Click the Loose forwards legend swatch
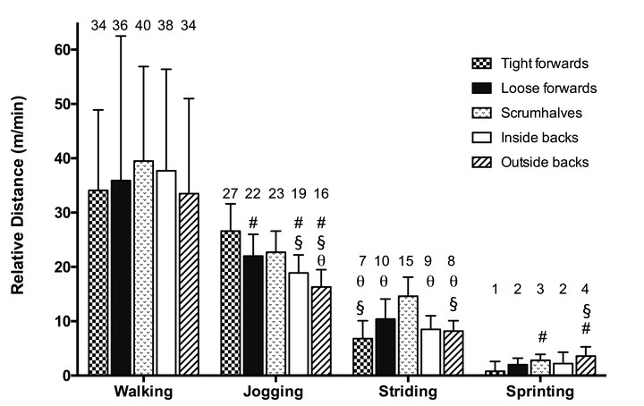click(483, 89)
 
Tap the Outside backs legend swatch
click(483, 163)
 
